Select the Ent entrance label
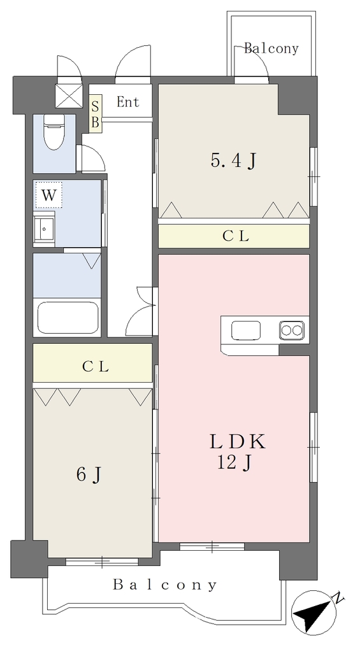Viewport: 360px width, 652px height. (x=128, y=102)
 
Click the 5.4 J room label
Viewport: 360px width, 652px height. (x=233, y=160)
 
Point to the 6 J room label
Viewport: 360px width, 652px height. (x=89, y=474)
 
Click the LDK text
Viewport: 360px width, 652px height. (x=238, y=442)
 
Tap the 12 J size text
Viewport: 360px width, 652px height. (x=234, y=462)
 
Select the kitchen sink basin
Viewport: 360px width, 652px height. (x=246, y=330)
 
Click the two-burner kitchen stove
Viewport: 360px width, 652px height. (x=291, y=330)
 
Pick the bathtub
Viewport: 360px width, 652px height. (x=68, y=318)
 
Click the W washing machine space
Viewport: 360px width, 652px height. (x=48, y=194)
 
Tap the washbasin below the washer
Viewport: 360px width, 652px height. (x=45, y=228)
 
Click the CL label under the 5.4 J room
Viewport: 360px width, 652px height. (x=236, y=236)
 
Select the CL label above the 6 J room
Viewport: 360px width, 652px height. (x=96, y=366)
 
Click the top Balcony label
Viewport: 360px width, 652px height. (x=271, y=48)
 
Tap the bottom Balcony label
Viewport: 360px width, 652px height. (x=165, y=585)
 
